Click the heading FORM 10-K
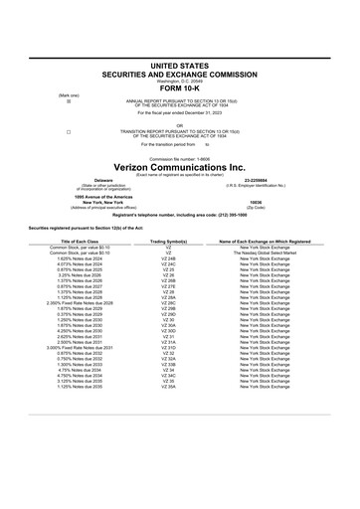click(x=179, y=86)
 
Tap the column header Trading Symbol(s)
click(x=168, y=242)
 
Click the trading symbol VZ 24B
click(x=168, y=258)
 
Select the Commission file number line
click(x=179, y=158)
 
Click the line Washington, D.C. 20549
click(x=179, y=79)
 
